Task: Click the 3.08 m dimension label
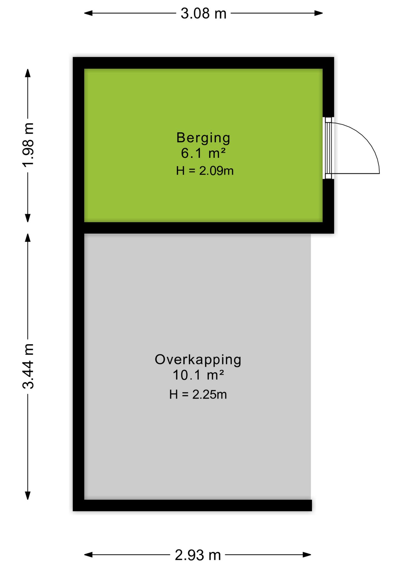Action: (203, 14)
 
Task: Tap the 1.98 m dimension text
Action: (28, 145)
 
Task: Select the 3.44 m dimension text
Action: (28, 366)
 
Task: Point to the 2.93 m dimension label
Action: (198, 555)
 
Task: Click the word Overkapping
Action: (198, 360)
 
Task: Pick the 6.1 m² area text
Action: (203, 153)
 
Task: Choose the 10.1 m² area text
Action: (198, 375)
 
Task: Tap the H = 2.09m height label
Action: (205, 171)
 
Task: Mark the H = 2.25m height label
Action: (198, 394)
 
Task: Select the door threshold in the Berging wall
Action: (328, 148)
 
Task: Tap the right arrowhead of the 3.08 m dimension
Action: (319, 13)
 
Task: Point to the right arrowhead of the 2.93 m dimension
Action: (307, 555)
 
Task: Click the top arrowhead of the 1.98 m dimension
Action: (28, 73)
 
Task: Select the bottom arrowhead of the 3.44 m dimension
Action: (28, 496)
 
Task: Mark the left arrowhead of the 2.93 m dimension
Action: (89, 555)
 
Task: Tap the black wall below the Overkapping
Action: (192, 505)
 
